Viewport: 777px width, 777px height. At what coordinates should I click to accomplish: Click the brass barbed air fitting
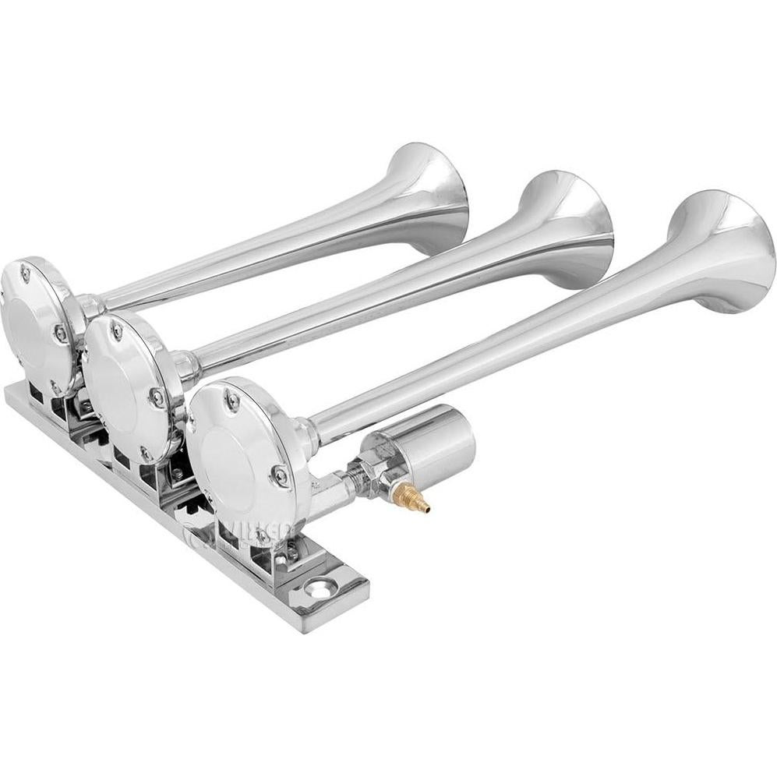click(412, 497)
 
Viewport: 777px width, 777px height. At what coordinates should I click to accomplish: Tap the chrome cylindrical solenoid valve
click(438, 445)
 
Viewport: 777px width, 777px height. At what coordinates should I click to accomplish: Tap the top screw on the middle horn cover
click(116, 331)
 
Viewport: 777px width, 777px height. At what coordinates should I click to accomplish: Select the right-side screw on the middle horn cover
click(157, 396)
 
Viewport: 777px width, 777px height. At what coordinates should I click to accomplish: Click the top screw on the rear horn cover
click(26, 272)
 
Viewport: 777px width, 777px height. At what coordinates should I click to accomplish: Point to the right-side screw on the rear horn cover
click(60, 334)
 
